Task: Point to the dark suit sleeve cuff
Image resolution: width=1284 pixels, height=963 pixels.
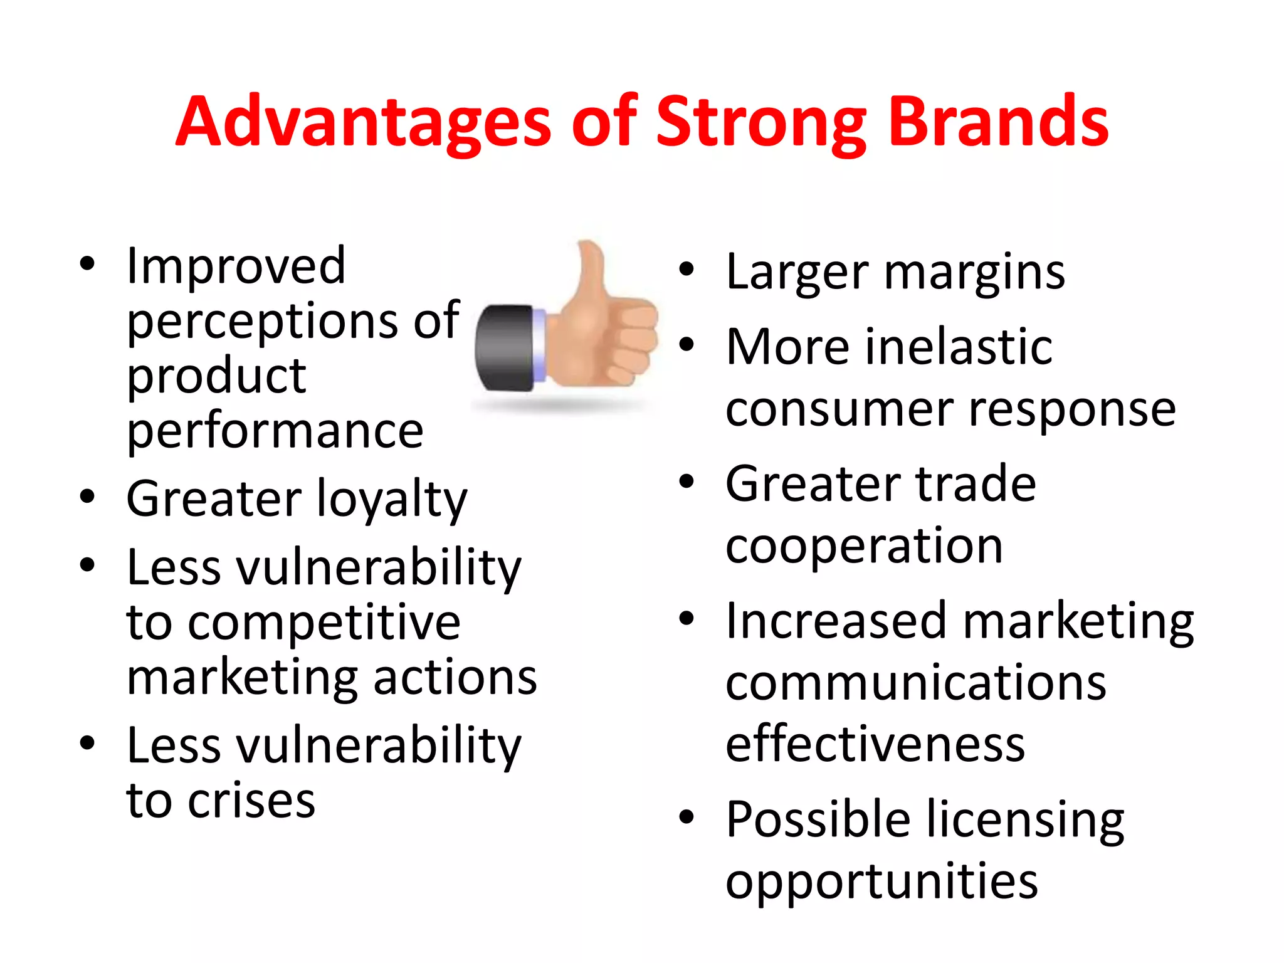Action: [505, 348]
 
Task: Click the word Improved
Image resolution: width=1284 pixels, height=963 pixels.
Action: [236, 266]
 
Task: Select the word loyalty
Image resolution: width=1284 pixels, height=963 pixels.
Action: [392, 500]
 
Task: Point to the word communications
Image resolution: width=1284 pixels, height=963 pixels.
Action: [916, 683]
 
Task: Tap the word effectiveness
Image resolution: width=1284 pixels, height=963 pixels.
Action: [875, 744]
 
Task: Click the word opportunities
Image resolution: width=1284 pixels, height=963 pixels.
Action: [881, 881]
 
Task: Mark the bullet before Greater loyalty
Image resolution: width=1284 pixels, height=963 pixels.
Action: [87, 496]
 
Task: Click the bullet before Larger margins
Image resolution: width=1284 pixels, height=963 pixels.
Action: [687, 270]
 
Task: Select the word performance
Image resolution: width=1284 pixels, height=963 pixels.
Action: [275, 432]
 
